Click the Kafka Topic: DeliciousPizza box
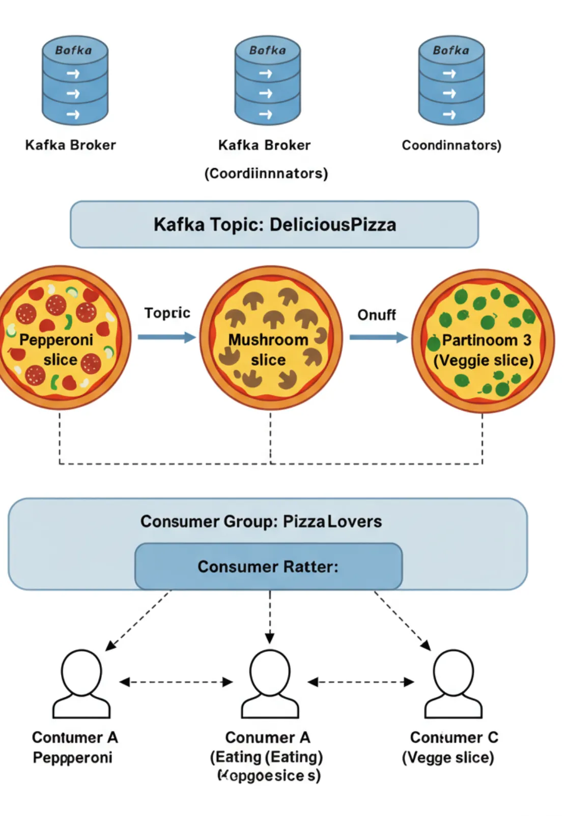(274, 225)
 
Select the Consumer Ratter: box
(268, 566)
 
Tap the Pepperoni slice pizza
(60, 337)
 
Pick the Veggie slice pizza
(482, 340)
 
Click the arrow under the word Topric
(166, 337)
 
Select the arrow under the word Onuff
(378, 337)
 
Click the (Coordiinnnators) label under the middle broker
(266, 174)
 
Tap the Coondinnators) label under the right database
(451, 145)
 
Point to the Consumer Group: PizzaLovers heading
(261, 522)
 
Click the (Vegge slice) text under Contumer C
(448, 757)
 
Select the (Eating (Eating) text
(266, 757)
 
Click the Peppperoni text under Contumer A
(72, 757)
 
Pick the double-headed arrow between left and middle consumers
(176, 682)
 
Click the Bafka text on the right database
(451, 50)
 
